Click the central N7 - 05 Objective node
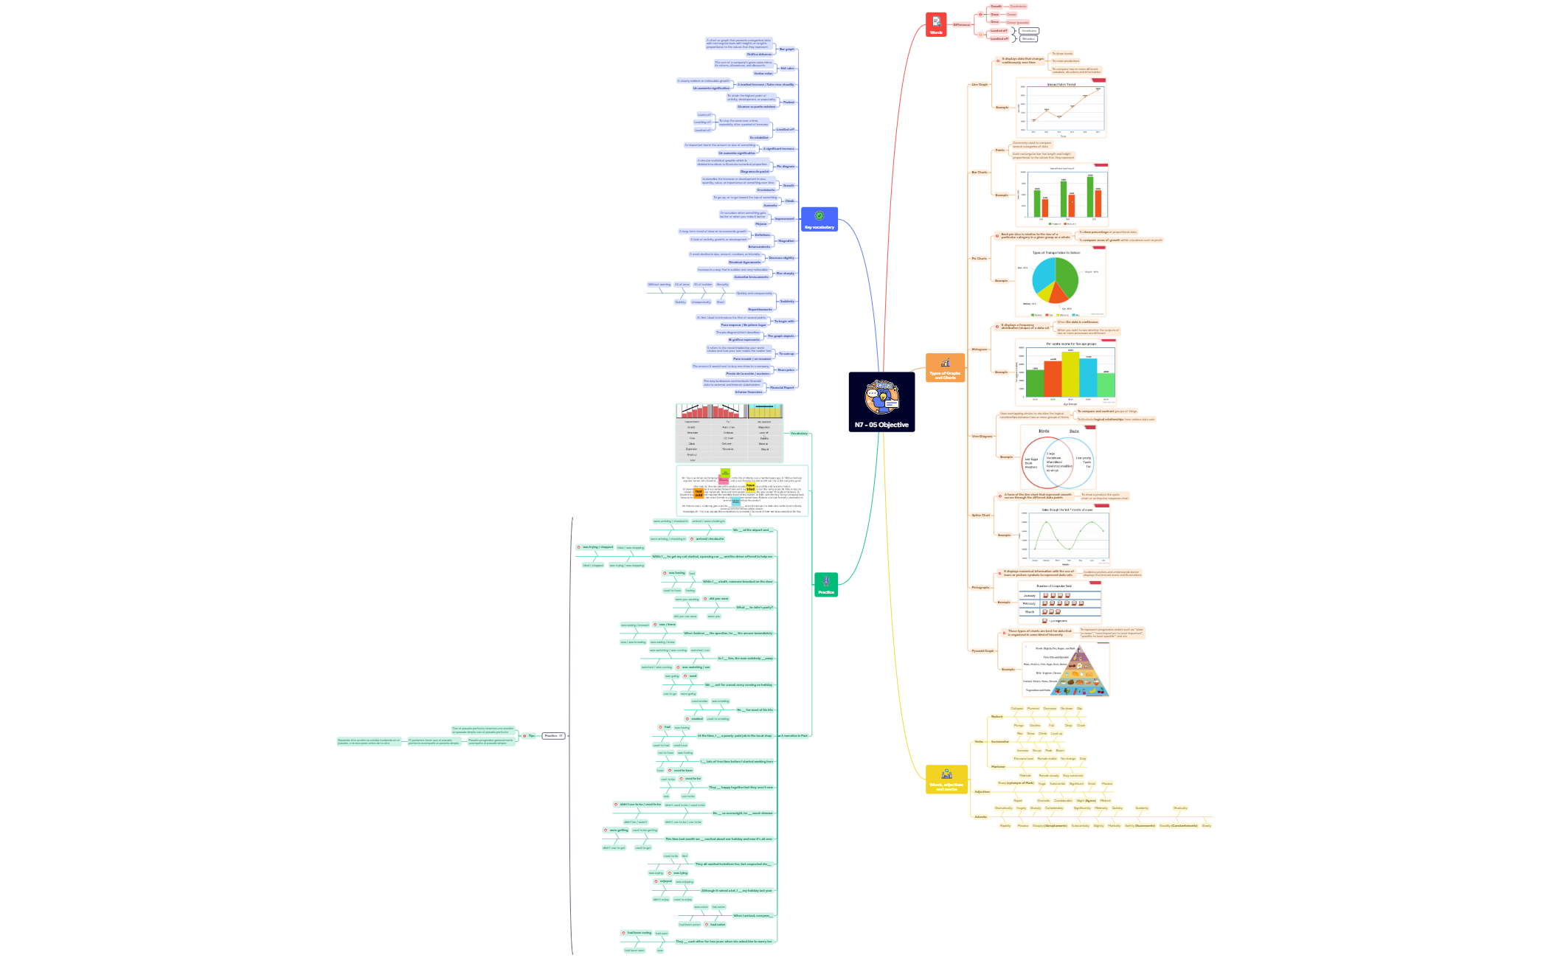tap(881, 402)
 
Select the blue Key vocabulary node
tap(819, 220)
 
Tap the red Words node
tap(936, 25)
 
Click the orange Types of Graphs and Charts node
tap(945, 367)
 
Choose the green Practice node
tap(825, 585)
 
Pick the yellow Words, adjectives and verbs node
tap(946, 780)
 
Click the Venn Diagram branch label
tap(982, 437)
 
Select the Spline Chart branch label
tap(981, 516)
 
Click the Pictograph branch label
tap(980, 588)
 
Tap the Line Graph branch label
tap(980, 85)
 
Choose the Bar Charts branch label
tap(980, 173)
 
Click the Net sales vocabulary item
tap(787, 69)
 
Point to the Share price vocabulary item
tap(786, 370)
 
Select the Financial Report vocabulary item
tap(782, 388)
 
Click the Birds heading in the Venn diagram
tap(1044, 431)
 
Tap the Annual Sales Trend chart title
tap(1061, 85)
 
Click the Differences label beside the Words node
tap(962, 25)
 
